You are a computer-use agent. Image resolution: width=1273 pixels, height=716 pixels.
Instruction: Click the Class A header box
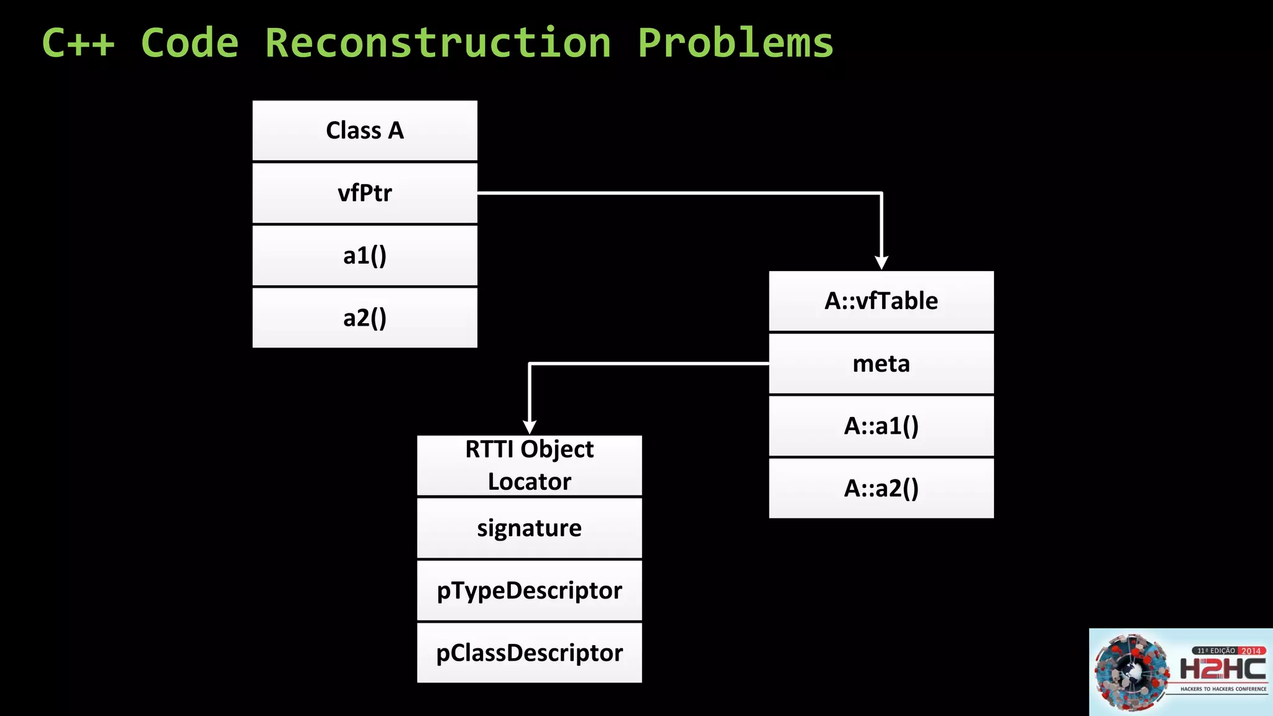365,131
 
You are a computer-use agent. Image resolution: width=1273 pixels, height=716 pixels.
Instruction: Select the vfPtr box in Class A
365,193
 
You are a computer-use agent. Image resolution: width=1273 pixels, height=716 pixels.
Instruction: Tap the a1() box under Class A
365,255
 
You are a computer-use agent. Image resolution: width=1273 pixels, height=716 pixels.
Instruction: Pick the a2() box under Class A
365,318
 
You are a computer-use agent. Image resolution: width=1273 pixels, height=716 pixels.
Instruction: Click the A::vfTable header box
881,301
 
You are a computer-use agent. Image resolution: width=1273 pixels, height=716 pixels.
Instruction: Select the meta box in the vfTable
881,364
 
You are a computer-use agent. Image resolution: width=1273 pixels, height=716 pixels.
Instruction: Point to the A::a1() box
881,426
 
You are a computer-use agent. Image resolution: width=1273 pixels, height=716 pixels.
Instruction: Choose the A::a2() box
881,488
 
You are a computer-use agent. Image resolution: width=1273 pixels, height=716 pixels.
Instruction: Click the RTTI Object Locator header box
529,466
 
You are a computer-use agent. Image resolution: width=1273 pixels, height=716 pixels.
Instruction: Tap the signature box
529,528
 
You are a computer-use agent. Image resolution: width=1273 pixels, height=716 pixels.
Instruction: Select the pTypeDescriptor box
529,590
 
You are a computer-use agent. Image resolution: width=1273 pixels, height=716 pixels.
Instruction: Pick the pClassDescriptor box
529,653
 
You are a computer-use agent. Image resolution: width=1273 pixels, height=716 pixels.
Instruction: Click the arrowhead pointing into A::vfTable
881,263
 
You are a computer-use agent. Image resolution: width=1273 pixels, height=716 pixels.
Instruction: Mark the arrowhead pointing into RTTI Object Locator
529,428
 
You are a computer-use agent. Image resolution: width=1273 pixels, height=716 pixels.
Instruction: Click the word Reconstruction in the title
438,43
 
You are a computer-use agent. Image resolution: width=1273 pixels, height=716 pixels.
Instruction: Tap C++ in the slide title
78,43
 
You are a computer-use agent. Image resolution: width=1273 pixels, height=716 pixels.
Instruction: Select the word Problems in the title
735,43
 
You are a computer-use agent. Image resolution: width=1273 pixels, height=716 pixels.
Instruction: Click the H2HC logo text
1223,669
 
